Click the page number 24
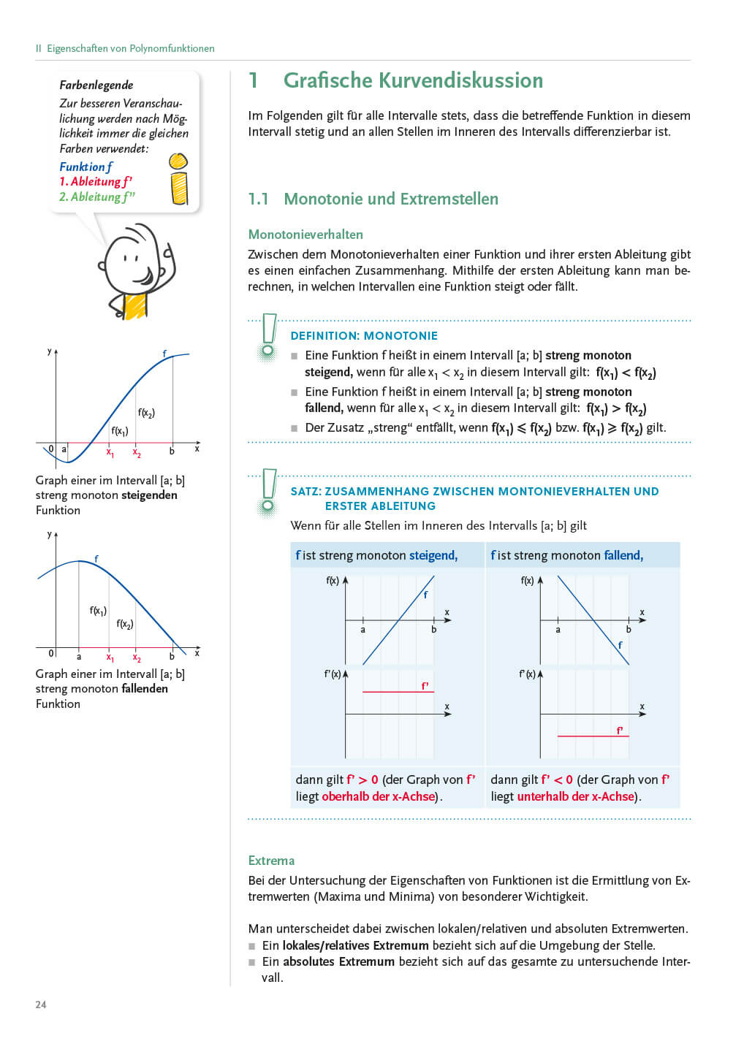41,1005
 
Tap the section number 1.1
258,199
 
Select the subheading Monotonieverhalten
305,235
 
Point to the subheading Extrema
271,861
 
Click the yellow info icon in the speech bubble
178,179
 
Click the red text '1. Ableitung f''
96,182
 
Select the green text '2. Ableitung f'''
96,197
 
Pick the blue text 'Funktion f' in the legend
86,167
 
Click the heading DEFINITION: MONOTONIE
364,336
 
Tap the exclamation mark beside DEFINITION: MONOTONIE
268,337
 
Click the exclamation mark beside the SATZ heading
268,491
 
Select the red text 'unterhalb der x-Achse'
575,796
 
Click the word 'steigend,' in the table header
433,556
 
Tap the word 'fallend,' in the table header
623,556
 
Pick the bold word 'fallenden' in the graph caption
145,689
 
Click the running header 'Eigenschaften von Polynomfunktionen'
131,49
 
